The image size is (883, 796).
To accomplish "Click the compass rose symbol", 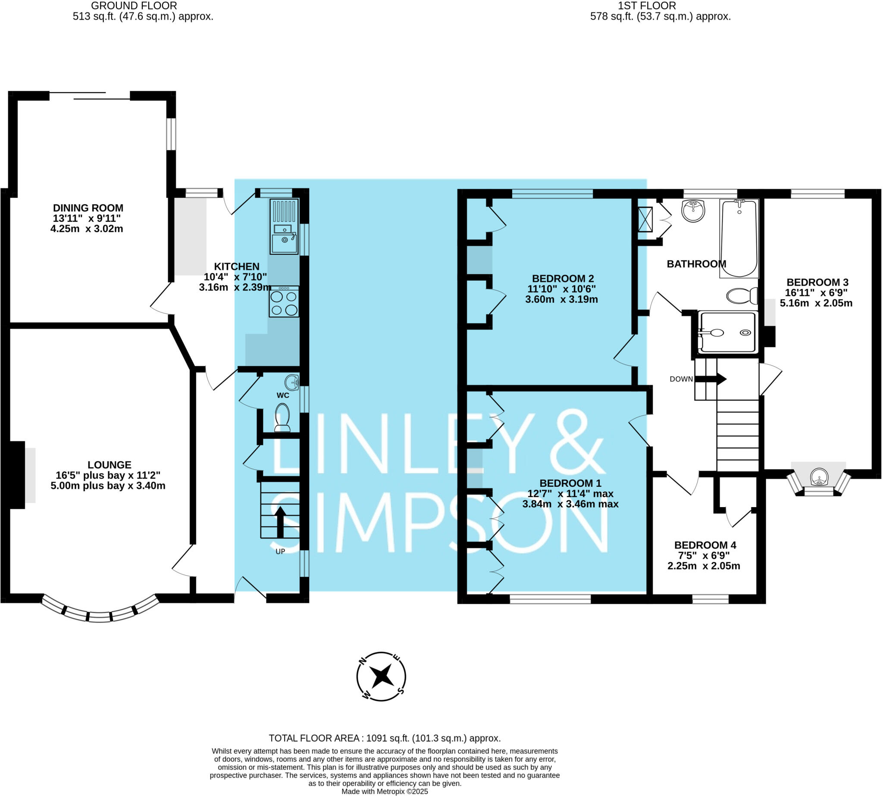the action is pos(381,677).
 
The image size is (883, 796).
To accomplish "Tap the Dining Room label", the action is pos(88,208).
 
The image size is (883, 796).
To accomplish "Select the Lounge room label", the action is pos(110,464).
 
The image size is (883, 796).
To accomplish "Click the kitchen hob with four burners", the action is pos(284,301).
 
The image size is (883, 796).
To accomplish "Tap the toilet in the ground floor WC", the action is pos(282,417).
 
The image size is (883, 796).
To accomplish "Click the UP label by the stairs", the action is pos(280,552).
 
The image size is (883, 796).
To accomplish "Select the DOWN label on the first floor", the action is pos(681,379).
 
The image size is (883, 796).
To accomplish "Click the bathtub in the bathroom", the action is pos(739,238).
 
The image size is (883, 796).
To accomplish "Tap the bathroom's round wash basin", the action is pos(693,211).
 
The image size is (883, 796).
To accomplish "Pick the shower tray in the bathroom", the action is pos(727,332).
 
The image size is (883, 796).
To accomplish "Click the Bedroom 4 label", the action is pos(705,545).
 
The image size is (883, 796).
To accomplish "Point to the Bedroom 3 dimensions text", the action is pos(816,298).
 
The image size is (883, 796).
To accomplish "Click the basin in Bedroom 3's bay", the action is pos(819,477).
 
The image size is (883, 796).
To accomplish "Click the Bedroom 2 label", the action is pos(563,279).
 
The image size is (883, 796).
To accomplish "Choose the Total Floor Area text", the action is pos(385,738).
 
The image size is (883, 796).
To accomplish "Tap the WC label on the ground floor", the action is pos(283,395).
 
